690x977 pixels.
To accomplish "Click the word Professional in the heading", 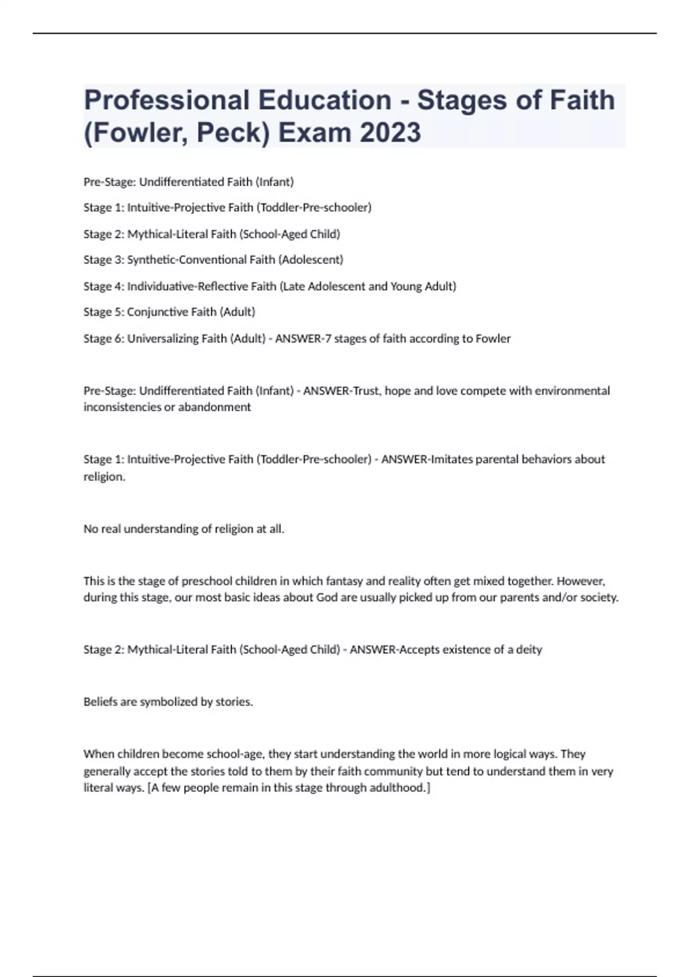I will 166,100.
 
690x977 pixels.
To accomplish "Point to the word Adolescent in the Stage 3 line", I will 310,260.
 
